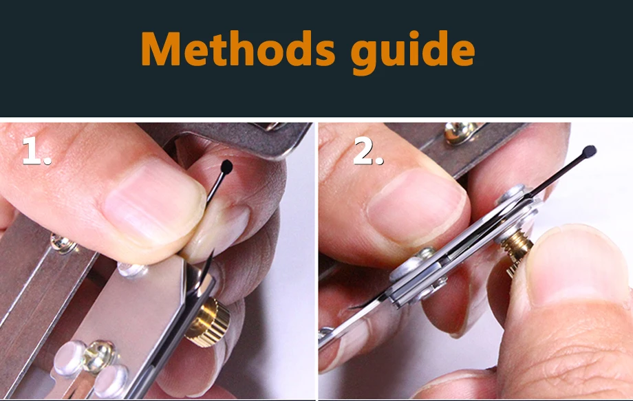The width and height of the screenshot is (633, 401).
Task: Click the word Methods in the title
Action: tap(238, 49)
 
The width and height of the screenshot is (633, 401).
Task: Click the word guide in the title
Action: tap(413, 52)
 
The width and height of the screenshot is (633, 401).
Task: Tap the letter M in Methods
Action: tap(161, 49)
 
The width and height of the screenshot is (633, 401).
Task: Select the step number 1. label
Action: tap(36, 151)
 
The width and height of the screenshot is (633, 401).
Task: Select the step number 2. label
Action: tap(368, 151)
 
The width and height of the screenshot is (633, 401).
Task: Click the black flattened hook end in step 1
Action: tap(227, 166)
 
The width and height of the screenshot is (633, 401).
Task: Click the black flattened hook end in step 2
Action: tap(589, 151)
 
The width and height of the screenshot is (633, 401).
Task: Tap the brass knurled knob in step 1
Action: tap(208, 321)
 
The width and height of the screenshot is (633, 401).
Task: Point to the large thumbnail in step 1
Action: tap(154, 202)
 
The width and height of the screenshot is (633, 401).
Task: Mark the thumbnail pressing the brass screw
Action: tap(578, 266)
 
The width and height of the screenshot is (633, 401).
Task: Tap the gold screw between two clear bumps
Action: tap(98, 356)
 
